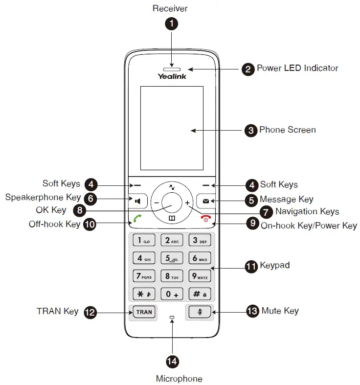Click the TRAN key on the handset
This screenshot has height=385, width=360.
point(144,312)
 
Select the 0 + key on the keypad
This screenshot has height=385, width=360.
point(172,294)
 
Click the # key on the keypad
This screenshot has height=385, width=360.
point(200,294)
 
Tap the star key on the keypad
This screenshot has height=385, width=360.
point(144,294)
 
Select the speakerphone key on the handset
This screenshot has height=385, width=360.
point(138,201)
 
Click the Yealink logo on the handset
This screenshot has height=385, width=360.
point(172,76)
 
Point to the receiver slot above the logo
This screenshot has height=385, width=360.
point(172,65)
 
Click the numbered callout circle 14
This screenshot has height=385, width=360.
point(172,362)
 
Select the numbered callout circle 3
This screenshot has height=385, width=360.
point(250,131)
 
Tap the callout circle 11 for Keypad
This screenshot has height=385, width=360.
point(251,266)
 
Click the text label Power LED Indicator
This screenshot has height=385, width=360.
point(297,68)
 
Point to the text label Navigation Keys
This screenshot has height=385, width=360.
point(307,212)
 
